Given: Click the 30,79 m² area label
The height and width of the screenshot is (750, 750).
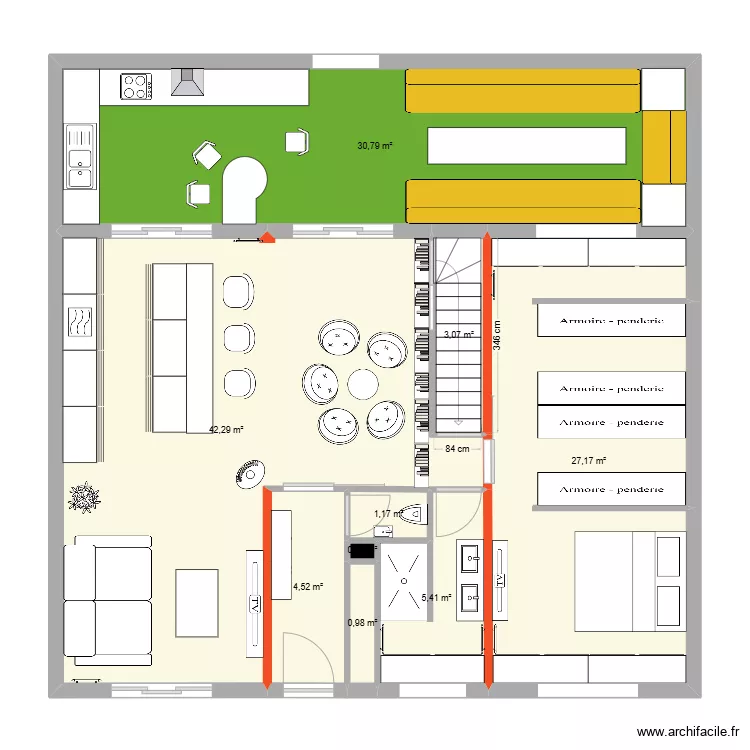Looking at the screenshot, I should tap(375, 146).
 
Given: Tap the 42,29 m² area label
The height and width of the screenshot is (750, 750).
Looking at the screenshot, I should tap(226, 431).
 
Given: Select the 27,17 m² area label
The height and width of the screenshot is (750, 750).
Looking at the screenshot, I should tap(589, 461).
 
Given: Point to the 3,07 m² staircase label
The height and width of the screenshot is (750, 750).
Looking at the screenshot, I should tap(457, 335).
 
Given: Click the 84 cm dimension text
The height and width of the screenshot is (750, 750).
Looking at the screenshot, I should tap(457, 449).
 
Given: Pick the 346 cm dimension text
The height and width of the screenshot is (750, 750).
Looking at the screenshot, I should tap(497, 329).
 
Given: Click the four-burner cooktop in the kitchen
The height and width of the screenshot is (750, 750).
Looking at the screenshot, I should tap(135, 86).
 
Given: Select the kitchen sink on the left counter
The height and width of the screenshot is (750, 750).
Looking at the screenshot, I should tap(79, 156).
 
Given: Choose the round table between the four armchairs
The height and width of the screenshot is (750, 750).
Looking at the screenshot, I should tap(361, 383).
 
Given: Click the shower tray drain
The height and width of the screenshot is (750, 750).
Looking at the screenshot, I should tap(404, 579).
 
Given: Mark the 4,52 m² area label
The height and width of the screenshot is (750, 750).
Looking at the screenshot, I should tap(307, 587).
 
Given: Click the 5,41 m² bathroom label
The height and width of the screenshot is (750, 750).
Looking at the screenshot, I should tap(437, 598).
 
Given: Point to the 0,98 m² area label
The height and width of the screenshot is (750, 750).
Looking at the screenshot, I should tap(361, 623).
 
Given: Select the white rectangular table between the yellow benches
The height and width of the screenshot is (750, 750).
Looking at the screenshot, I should tap(525, 146).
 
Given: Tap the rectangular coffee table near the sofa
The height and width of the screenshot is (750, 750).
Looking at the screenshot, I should tap(197, 602).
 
